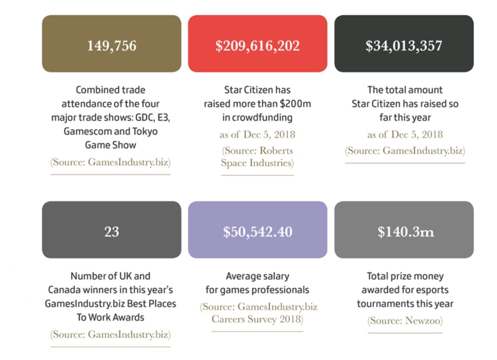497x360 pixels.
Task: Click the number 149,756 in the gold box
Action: point(112,45)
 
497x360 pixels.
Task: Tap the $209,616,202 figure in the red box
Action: point(257,45)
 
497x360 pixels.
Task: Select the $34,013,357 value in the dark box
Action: point(404,45)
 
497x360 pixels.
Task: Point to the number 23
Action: point(112,232)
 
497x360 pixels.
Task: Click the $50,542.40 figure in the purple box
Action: point(257,232)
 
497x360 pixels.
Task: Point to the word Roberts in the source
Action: point(276,151)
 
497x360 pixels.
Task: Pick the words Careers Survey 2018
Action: point(257,319)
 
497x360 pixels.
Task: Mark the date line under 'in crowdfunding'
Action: point(257,135)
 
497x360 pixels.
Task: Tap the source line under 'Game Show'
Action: point(110,163)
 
